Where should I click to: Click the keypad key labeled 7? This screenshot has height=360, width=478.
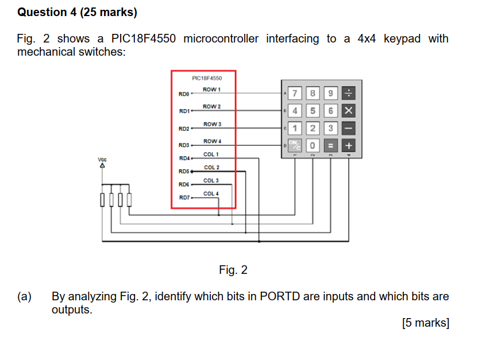(x=295, y=94)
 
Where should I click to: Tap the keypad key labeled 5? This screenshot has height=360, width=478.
(x=313, y=111)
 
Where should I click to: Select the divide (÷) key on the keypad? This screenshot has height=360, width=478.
(x=349, y=94)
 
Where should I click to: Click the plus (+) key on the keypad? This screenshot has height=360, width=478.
(x=349, y=146)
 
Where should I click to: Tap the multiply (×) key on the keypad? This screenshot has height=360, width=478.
(x=349, y=111)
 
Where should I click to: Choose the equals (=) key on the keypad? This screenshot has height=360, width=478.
(x=331, y=146)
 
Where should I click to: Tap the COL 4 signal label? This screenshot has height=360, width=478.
(x=211, y=193)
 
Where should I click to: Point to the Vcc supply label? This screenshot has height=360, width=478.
(x=102, y=159)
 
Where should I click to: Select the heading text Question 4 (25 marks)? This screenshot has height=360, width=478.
(x=78, y=11)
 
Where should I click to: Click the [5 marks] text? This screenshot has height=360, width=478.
(x=426, y=323)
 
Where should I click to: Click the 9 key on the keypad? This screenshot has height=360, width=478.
(x=331, y=94)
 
